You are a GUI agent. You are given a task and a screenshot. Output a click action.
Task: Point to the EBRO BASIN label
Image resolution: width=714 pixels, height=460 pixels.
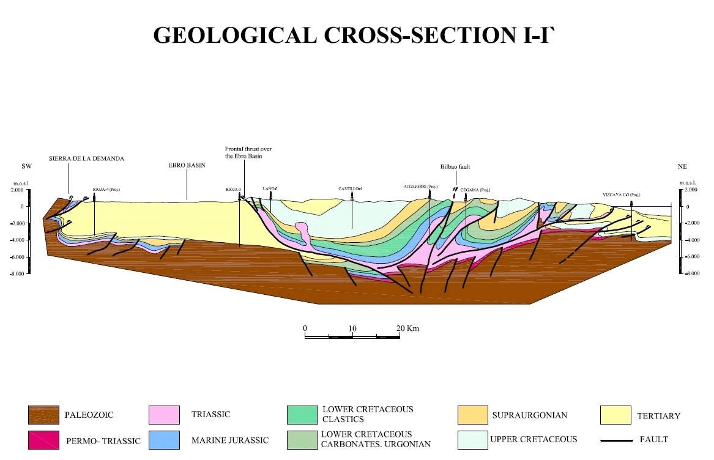pos(187,165)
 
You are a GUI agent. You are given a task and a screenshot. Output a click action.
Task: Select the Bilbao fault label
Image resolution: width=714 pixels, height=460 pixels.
pos(455,166)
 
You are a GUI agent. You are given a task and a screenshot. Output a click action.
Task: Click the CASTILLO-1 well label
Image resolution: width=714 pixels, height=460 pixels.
pos(351,188)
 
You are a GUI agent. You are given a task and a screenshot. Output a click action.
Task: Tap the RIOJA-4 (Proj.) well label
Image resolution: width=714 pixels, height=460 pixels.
pos(106,189)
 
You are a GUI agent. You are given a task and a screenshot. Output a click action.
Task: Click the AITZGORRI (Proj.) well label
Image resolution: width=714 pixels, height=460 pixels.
pos(421,187)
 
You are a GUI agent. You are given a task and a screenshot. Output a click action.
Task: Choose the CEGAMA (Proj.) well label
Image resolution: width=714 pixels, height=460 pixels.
pos(475,190)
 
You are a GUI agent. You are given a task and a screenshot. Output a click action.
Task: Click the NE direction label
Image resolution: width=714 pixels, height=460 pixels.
pos(683,166)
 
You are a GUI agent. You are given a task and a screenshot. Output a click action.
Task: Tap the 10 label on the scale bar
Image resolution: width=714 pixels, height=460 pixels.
pos(352,328)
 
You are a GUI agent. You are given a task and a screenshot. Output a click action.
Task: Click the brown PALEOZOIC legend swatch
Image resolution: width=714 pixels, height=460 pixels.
pos(43,415)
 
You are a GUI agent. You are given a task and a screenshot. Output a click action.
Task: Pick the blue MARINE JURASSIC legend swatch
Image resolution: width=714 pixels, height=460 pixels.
pos(165,440)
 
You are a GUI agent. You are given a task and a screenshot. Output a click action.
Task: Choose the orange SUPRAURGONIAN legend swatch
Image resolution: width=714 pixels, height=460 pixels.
pos(473,415)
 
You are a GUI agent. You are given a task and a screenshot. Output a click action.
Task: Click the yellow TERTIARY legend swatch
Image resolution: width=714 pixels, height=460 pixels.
pos(615,415)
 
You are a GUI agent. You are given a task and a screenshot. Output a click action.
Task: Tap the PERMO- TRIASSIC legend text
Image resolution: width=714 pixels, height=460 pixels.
pos(102,440)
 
